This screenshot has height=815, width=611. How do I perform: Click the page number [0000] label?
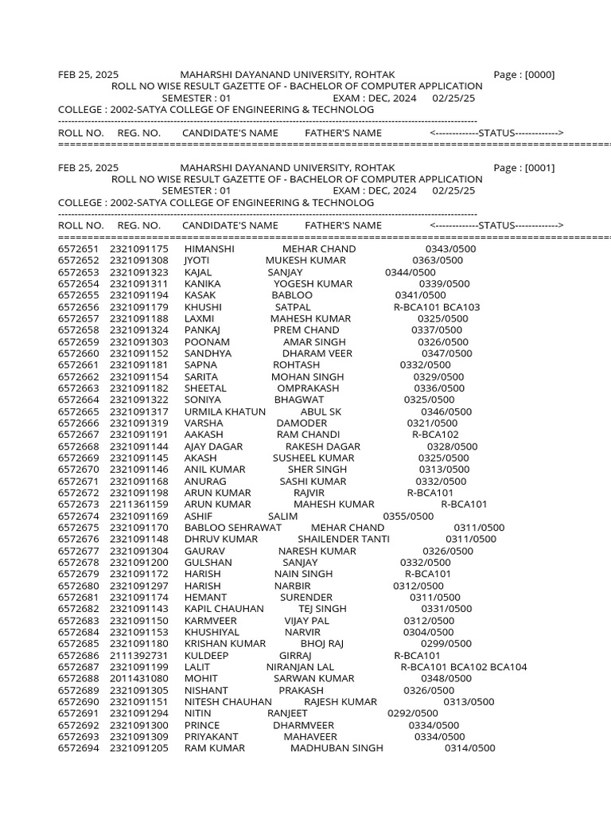point(524,75)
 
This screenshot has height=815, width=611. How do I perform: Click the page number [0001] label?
point(524,168)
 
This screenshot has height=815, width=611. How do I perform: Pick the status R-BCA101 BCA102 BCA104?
point(463,667)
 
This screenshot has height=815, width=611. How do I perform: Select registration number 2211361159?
point(139,505)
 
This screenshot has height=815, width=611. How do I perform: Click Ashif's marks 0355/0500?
point(408,517)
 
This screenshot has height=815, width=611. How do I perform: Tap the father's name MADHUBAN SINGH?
point(337,748)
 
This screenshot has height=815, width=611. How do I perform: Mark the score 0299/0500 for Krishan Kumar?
point(446,644)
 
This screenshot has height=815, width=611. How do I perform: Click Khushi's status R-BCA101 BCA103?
point(437,307)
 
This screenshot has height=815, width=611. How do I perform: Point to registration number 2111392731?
point(139,655)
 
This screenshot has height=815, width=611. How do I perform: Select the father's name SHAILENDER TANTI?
point(344,540)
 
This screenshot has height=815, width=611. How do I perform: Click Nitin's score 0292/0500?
point(412,714)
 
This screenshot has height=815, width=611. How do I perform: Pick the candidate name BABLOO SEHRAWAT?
point(233,528)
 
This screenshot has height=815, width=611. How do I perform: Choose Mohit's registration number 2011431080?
point(139,679)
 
